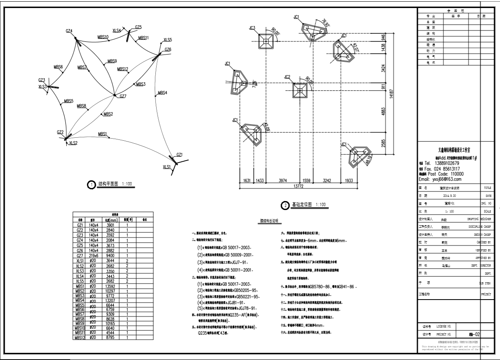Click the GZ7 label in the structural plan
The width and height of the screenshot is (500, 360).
[123, 96]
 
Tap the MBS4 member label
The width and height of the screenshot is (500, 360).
[163, 93]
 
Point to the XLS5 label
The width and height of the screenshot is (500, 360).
[168, 40]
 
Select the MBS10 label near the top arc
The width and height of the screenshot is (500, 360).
[103, 37]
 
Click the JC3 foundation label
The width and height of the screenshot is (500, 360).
[252, 28]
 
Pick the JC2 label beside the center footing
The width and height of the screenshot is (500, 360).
[288, 77]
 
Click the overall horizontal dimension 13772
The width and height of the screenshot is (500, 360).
[304, 185]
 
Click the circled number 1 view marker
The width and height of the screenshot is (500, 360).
[90, 185]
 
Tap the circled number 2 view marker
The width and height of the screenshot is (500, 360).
[286, 205]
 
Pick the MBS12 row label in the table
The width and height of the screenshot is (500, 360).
[80, 338]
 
